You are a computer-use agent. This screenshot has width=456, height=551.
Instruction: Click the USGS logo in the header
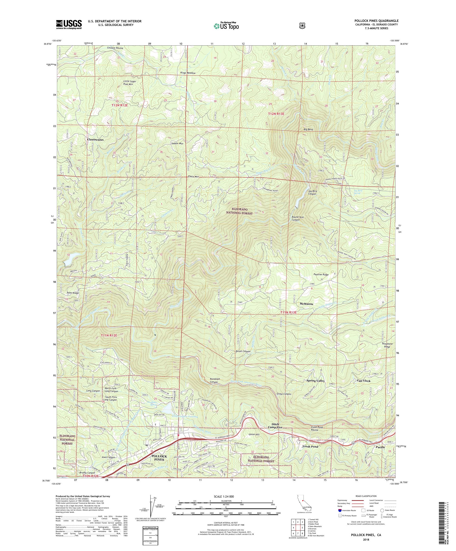click(x=69, y=25)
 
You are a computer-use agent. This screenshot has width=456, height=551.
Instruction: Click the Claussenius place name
click(x=95, y=140)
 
